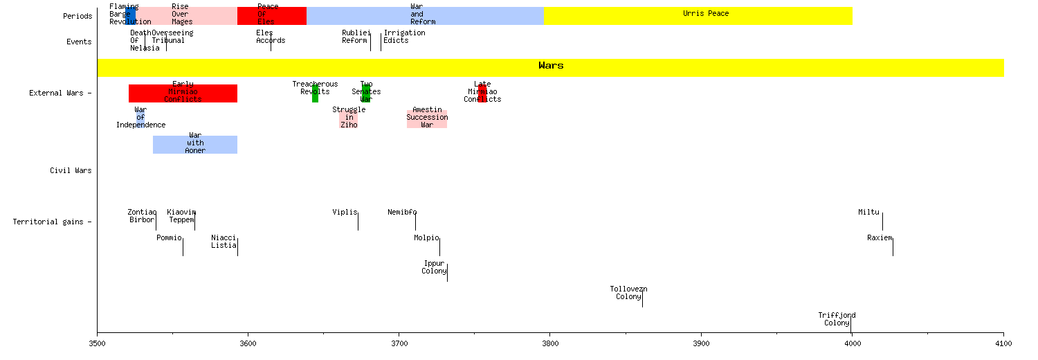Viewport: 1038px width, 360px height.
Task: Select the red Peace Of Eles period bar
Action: click(271, 16)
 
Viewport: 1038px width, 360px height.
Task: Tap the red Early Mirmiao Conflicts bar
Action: click(183, 93)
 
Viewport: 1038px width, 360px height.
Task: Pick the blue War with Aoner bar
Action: click(195, 144)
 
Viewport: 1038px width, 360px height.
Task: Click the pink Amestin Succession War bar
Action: click(427, 118)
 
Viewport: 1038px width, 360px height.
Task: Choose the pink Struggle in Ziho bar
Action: click(349, 118)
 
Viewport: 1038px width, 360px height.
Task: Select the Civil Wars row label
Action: click(71, 170)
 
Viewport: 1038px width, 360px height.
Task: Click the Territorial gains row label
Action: click(52, 222)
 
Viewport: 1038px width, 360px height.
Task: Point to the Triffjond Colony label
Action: click(837, 319)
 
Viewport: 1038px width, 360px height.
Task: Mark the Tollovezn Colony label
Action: click(628, 293)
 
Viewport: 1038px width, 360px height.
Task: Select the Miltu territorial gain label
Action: click(868, 213)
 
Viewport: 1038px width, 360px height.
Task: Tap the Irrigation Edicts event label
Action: click(404, 37)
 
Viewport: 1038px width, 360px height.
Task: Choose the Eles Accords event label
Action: click(271, 37)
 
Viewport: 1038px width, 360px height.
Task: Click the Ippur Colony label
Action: click(434, 267)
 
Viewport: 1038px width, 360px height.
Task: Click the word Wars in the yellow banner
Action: click(551, 66)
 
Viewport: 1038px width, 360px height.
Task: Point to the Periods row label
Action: click(77, 16)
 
